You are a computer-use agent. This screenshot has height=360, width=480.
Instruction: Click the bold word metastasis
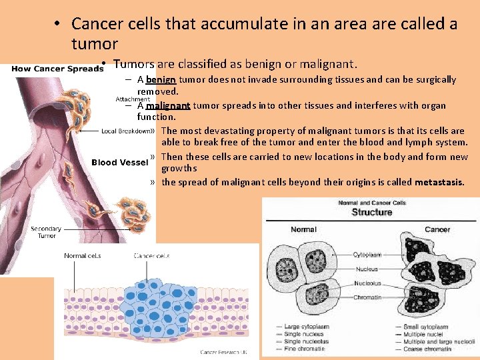pyautogui.click(x=439, y=182)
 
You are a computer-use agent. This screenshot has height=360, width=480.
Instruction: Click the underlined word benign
pyautogui.click(x=160, y=79)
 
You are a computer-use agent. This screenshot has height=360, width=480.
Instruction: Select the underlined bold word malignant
pyautogui.click(x=168, y=105)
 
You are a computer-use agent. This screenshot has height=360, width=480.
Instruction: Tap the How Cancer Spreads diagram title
pyautogui.click(x=57, y=69)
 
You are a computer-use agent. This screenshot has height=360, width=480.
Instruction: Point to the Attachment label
pyautogui.click(x=133, y=99)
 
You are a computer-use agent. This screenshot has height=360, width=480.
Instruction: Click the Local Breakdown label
pyautogui.click(x=126, y=131)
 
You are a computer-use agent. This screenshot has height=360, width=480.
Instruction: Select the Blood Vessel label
pyautogui.click(x=119, y=163)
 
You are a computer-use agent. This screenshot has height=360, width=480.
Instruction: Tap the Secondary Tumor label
pyautogui.click(x=47, y=232)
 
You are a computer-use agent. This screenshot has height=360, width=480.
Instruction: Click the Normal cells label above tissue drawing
pyautogui.click(x=82, y=255)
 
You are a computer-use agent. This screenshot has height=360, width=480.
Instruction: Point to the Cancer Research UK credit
pyautogui.click(x=225, y=352)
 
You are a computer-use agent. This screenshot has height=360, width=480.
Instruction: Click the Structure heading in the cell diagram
pyautogui.click(x=371, y=212)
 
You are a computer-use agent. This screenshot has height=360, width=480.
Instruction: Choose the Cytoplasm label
pyautogui.click(x=367, y=255)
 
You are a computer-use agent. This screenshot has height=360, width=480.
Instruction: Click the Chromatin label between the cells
pyautogui.click(x=367, y=297)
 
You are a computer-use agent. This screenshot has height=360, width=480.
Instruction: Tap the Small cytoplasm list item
pyautogui.click(x=425, y=327)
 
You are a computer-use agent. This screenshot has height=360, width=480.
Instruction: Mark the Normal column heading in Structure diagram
pyautogui.click(x=303, y=229)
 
